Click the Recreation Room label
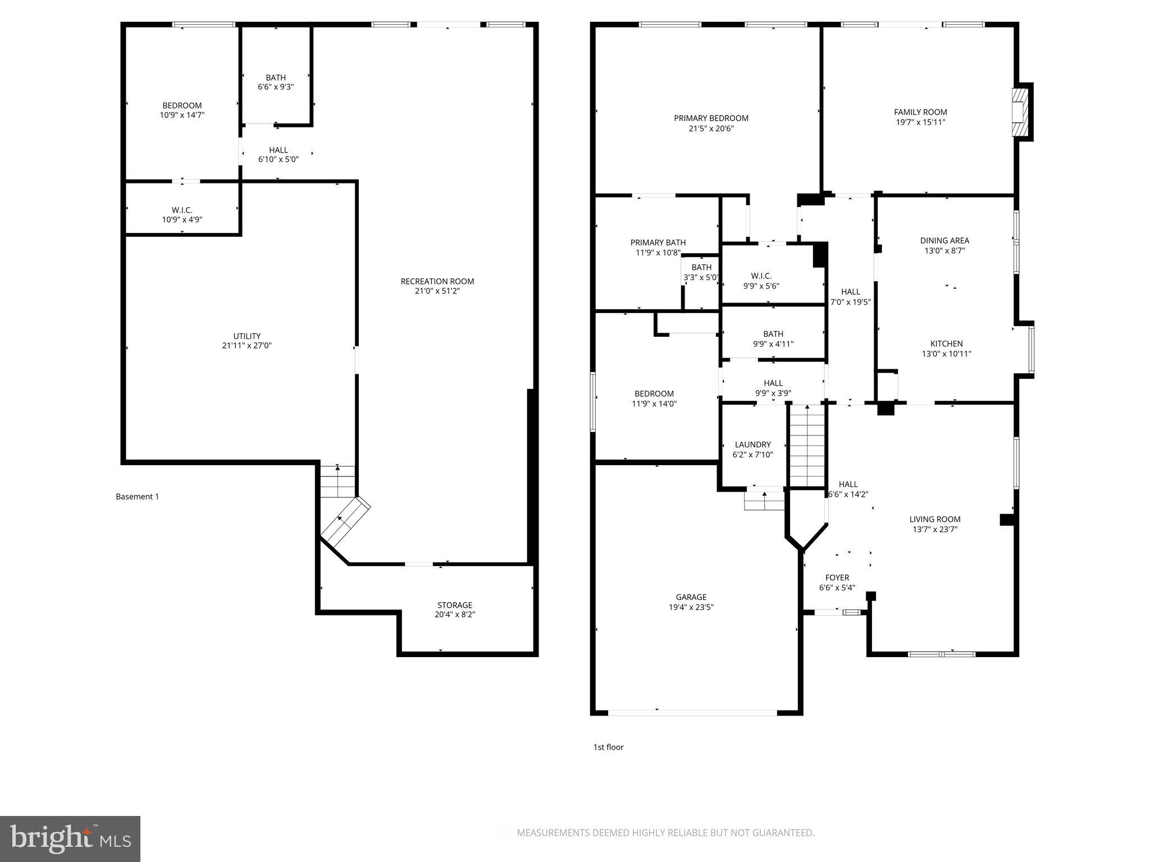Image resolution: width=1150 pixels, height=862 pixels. [437, 281]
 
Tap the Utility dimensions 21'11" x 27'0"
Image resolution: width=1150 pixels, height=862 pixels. [247, 346]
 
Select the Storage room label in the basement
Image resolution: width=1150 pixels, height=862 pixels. [454, 605]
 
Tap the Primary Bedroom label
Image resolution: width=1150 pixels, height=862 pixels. [711, 118]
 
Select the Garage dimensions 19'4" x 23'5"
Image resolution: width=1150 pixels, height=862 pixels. [691, 607]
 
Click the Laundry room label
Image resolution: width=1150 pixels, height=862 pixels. [752, 444]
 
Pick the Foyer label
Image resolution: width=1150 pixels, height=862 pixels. [837, 577]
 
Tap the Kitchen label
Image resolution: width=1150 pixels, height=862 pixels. [946, 343]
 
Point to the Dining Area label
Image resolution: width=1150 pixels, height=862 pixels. [944, 241]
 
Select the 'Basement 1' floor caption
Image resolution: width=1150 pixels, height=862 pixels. [137, 497]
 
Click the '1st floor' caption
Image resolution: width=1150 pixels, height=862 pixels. [608, 747]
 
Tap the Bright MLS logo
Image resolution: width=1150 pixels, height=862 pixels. [70, 838]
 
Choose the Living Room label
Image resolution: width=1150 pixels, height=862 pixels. [935, 519]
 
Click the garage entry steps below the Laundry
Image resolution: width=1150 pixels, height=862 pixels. [764, 500]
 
